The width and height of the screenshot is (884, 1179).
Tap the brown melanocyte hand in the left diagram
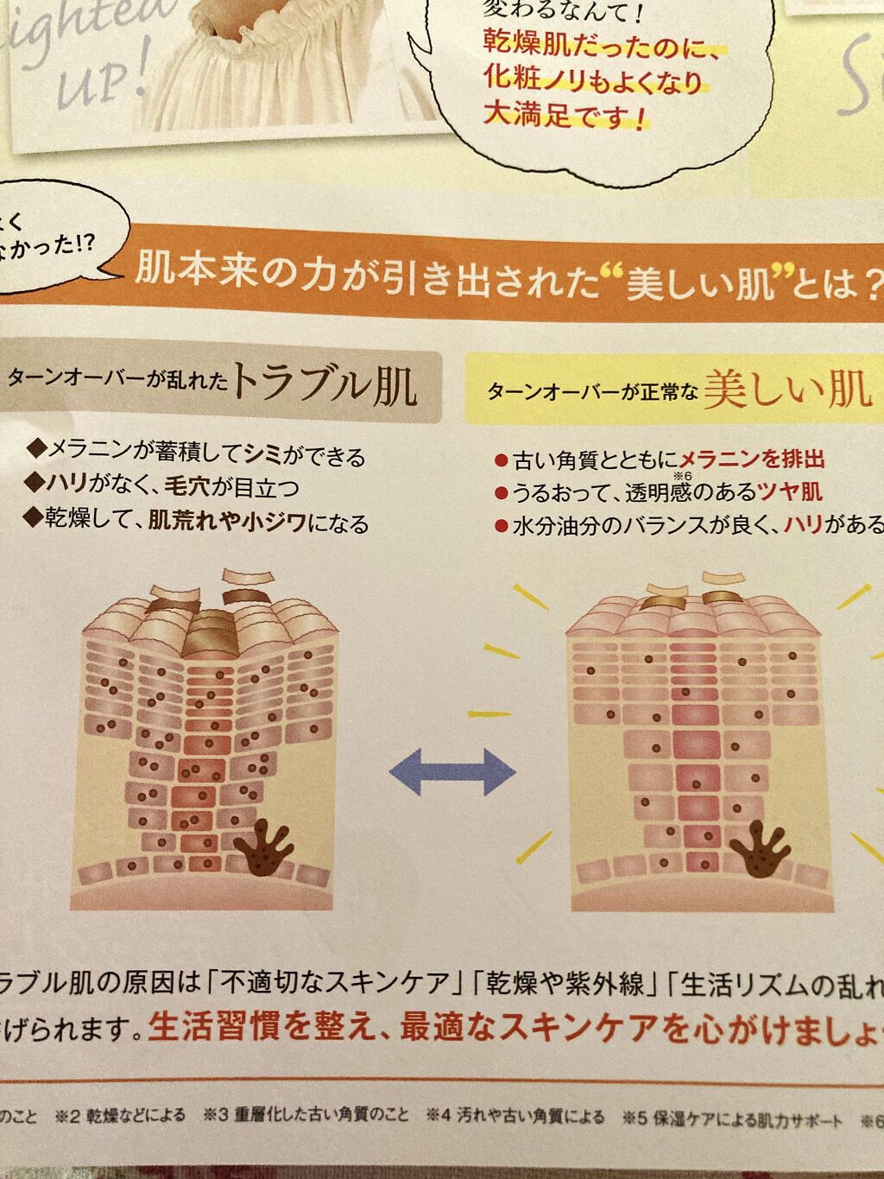(268, 851)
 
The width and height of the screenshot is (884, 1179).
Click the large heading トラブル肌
(325, 386)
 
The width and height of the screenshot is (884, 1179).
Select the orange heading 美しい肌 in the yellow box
(786, 390)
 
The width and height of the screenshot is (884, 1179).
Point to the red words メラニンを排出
(752, 460)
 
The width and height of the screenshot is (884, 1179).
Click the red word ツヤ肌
(790, 493)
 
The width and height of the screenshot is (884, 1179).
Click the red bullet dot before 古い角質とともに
(500, 460)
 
